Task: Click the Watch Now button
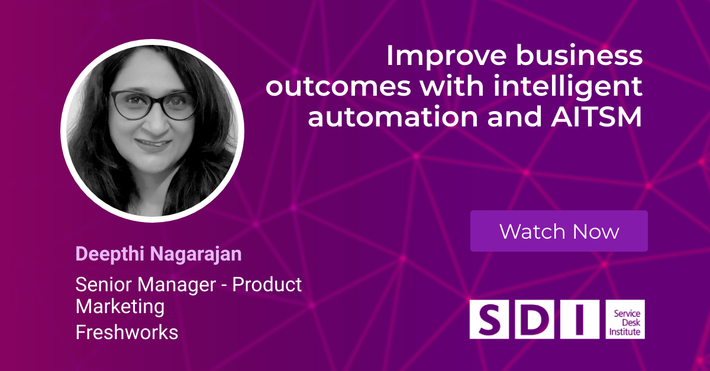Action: [x=559, y=231]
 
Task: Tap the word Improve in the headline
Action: [x=446, y=56]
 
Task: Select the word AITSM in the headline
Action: [x=596, y=117]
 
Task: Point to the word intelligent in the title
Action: [x=567, y=86]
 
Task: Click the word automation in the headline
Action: [x=393, y=117]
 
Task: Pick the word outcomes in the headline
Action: [x=338, y=87]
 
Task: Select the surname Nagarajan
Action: [x=196, y=255]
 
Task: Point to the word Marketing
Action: [x=120, y=307]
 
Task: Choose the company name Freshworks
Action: [x=127, y=332]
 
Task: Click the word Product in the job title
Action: [x=267, y=284]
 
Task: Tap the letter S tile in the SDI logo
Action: [x=489, y=319]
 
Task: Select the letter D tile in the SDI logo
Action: [x=535, y=319]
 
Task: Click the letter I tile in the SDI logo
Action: [x=580, y=319]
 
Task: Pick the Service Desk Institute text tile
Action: [x=625, y=319]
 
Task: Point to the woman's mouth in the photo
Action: [x=153, y=144]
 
